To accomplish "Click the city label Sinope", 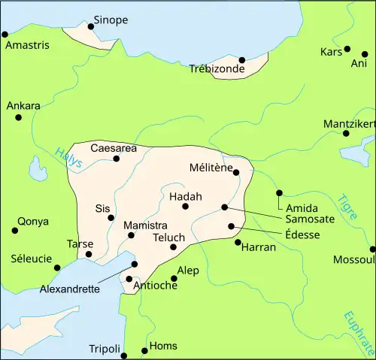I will pyautogui.click(x=111, y=20).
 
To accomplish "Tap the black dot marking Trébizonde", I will pyautogui.click(x=242, y=59).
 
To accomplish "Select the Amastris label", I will pyautogui.click(x=27, y=46).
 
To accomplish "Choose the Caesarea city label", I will pyautogui.click(x=114, y=148).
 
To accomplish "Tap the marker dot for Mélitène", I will pyautogui.click(x=237, y=172).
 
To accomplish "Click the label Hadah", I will pyautogui.click(x=185, y=196).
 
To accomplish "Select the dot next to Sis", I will pyautogui.click(x=111, y=218).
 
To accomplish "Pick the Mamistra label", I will pyautogui.click(x=144, y=225).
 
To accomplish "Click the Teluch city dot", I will pyautogui.click(x=173, y=247).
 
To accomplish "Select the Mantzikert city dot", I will pyautogui.click(x=346, y=134).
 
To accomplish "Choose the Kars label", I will pyautogui.click(x=331, y=52).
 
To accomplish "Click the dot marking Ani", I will pyautogui.click(x=365, y=54).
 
